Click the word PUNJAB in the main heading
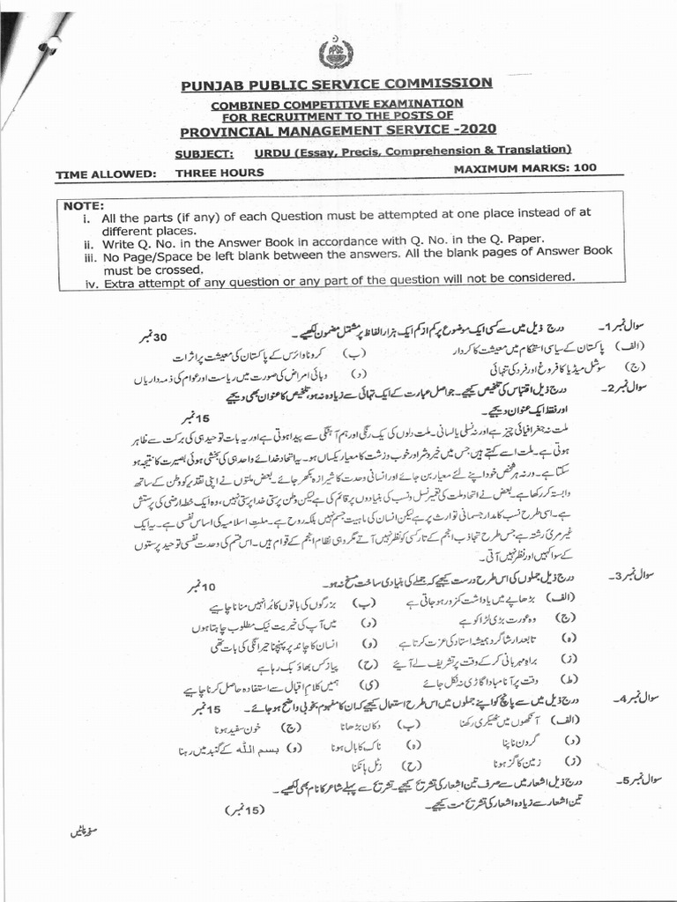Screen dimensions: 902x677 point(212,85)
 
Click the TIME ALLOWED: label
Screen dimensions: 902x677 point(106,174)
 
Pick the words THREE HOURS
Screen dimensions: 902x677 point(219,173)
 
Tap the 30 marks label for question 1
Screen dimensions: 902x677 point(151,338)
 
